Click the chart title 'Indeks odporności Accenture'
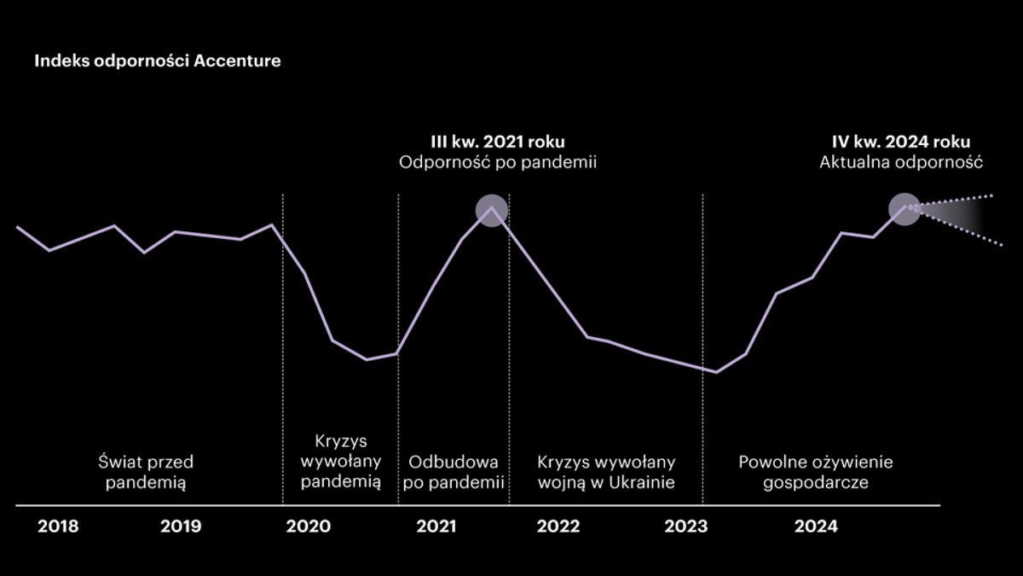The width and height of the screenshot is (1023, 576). pos(157,62)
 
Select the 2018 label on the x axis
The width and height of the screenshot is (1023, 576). pos(58,527)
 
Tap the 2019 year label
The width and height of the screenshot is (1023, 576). pos(181,527)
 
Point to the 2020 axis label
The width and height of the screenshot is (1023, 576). pos(308,527)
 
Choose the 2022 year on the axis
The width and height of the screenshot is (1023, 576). pos(558,527)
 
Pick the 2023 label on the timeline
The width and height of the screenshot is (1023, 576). pos(685,527)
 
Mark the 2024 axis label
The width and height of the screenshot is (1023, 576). pos(816,527)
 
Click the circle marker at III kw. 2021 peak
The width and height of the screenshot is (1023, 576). pos(491,209)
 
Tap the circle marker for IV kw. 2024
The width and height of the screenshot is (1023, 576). pos(905,209)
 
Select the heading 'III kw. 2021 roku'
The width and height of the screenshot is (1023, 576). pos(497,142)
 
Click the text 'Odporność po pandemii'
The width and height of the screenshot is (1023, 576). pos(497,162)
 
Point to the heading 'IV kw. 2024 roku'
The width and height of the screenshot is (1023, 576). pos(902,142)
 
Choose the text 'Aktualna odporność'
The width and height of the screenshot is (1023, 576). pos(902,162)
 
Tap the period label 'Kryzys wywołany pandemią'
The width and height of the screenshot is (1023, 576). pos(342,462)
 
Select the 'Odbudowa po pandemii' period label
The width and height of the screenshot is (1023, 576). pos(455,472)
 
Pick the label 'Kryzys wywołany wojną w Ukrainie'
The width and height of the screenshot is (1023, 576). pos(606,472)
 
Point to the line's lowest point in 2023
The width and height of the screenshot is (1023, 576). pos(717,372)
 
